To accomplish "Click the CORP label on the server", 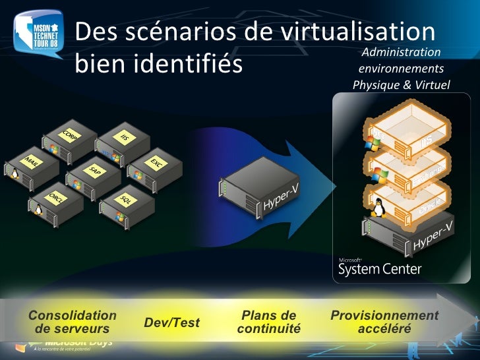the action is (69, 135).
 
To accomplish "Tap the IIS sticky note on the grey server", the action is (125, 137).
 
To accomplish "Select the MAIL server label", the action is (30, 162).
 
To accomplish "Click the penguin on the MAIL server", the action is (13, 173).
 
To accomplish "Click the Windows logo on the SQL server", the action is (121, 215).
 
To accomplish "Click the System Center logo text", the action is (379, 269).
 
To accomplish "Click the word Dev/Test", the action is (171, 322).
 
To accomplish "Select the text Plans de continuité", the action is (268, 322).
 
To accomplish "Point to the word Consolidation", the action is (73, 316).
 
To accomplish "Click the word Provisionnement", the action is (384, 316).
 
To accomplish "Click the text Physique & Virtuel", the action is (401, 85).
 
